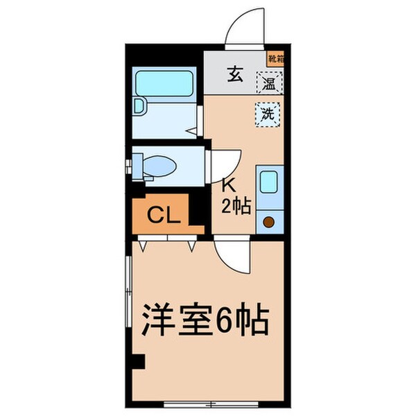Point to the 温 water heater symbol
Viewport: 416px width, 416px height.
(x=267, y=85)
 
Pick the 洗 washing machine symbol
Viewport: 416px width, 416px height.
(x=267, y=114)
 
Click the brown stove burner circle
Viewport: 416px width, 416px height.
(x=268, y=222)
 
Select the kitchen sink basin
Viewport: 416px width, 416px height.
(x=268, y=182)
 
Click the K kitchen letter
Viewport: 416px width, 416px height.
(x=226, y=184)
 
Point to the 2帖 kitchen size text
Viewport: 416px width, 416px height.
(x=236, y=205)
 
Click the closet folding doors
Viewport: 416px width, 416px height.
(x=166, y=243)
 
